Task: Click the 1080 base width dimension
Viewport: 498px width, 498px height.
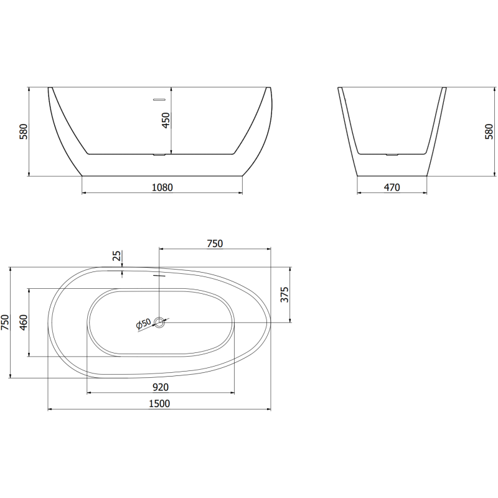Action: coord(162,187)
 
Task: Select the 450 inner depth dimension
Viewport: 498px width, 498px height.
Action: coord(166,120)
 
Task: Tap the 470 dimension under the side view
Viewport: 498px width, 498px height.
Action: coord(392,187)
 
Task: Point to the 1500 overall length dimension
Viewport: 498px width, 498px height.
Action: coord(159,403)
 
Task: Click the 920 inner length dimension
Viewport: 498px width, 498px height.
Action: coord(160,387)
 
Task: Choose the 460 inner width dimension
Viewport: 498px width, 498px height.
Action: coord(24,322)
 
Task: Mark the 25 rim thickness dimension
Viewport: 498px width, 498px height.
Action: coord(116,256)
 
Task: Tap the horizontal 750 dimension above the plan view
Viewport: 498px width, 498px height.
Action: coord(214,244)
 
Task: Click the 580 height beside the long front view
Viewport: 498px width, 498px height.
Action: coord(24,132)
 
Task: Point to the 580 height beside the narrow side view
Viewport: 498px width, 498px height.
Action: coord(489,132)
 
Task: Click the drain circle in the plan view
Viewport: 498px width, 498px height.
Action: coord(160,322)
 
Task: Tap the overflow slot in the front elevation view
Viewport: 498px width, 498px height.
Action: coord(159,98)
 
